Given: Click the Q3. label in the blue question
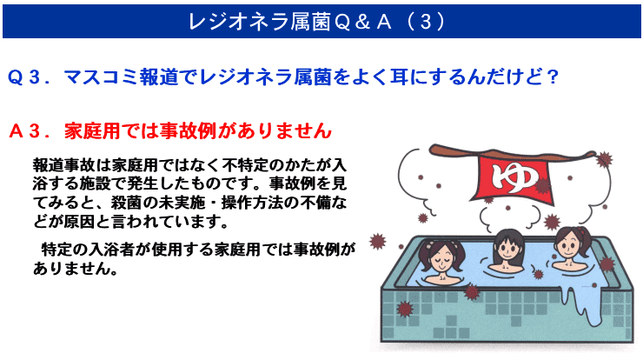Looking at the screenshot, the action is (30, 77).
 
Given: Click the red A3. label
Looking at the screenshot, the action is (30, 131).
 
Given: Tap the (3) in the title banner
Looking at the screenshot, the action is (426, 22).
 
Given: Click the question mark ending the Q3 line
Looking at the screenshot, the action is (553, 77).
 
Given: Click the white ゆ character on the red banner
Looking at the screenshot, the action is (515, 177).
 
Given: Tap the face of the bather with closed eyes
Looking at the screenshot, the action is (440, 262).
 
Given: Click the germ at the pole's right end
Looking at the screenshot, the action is (604, 159).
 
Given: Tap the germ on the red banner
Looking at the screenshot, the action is (542, 185).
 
